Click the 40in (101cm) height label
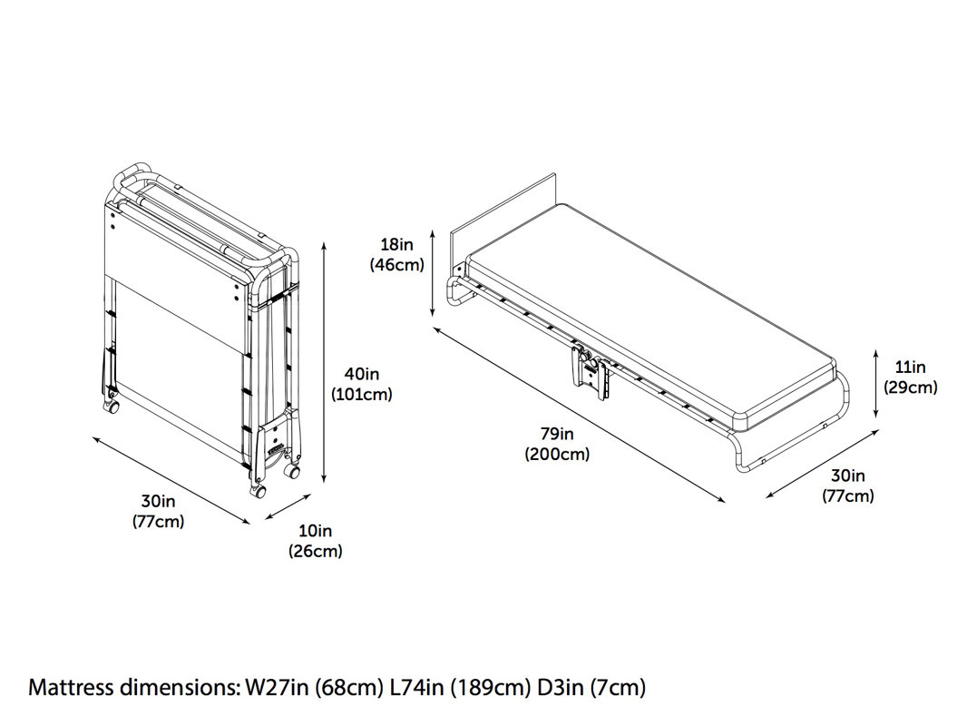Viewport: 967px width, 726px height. (x=362, y=382)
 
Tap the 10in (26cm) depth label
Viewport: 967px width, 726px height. (x=315, y=540)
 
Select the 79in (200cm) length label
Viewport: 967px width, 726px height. (x=557, y=445)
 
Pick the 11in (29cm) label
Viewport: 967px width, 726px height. (x=910, y=377)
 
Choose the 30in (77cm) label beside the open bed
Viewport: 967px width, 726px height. (x=847, y=486)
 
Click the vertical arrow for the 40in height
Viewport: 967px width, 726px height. (x=325, y=363)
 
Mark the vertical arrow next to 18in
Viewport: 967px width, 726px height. (x=434, y=272)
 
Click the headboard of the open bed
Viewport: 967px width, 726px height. (x=503, y=218)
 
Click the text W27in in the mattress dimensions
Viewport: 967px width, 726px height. (x=271, y=687)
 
